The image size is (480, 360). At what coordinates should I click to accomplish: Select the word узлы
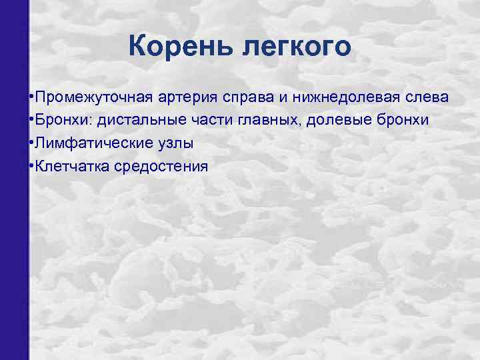pyautogui.click(x=180, y=143)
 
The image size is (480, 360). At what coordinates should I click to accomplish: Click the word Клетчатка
pyautogui.click(x=71, y=166)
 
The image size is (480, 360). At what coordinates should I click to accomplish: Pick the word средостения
pyautogui.click(x=160, y=166)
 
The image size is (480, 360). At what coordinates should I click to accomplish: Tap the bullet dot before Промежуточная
pyautogui.click(x=32, y=97)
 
